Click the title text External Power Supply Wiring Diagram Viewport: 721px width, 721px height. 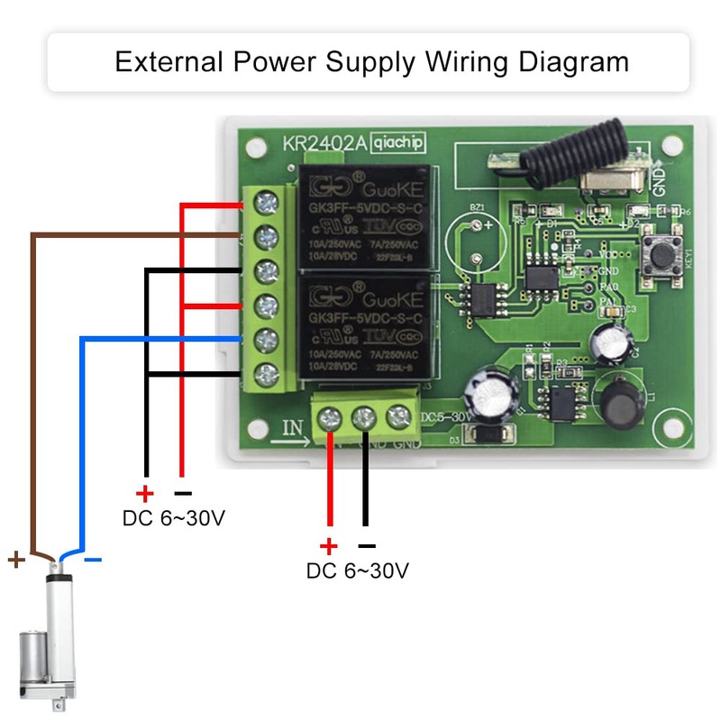(372, 62)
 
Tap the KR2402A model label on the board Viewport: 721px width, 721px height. (322, 143)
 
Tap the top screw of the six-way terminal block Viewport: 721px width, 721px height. (267, 204)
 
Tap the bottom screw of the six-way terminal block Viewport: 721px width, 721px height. (267, 372)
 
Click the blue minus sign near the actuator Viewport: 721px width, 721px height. (93, 561)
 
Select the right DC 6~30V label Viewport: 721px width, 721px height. (358, 571)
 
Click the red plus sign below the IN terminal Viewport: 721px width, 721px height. (329, 546)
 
